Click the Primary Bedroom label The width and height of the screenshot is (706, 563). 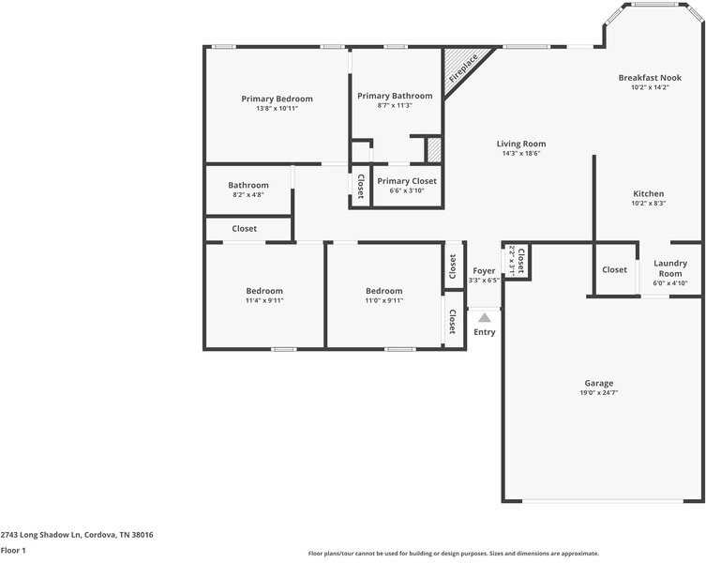tap(277, 99)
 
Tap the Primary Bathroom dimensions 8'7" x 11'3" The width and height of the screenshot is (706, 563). tap(395, 106)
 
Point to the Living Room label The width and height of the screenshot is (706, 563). tap(521, 144)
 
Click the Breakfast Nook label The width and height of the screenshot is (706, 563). tap(650, 78)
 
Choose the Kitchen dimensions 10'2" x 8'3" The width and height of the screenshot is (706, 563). tap(648, 204)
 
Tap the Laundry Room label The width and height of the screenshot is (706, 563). tap(670, 268)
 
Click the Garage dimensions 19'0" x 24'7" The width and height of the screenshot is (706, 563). tap(599, 392)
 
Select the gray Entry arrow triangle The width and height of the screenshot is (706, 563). tap(485, 318)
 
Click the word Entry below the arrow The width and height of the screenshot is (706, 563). tap(485, 332)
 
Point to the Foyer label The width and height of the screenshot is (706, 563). tap(484, 270)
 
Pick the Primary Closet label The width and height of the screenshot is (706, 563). tap(407, 181)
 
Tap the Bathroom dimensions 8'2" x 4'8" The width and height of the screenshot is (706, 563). tap(248, 195)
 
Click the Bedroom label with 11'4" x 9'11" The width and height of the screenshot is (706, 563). tap(264, 291)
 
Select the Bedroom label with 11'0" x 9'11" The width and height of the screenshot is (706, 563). tap(384, 291)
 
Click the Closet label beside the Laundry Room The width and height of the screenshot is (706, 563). tap(615, 270)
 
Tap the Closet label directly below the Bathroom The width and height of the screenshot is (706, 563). tap(245, 229)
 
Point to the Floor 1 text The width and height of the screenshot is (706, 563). tap(13, 551)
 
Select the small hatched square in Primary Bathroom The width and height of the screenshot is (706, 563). tap(434, 150)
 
